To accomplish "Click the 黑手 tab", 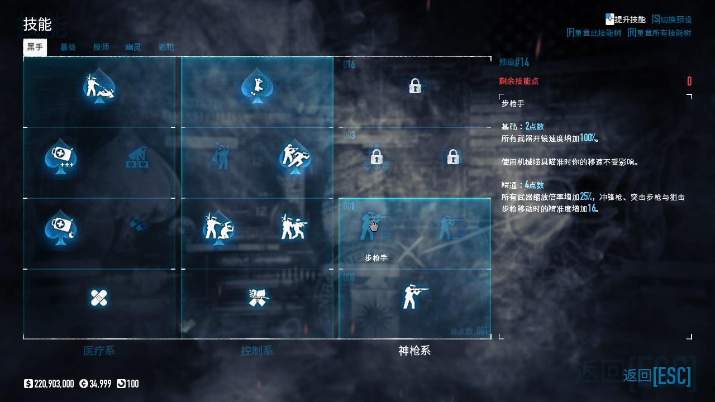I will pos(35,47).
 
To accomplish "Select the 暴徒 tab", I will pos(68,47).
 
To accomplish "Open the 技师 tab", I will pos(101,47).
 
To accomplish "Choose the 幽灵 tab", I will pos(133,47).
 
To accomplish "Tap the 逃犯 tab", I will pos(166,47).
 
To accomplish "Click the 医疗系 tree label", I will pos(99,351).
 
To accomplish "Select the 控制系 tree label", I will pos(257,351).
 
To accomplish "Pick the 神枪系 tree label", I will pos(414,351).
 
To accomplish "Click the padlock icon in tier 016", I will pos(414,86).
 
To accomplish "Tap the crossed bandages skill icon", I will pos(99,298).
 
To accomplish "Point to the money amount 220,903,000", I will pos(54,384).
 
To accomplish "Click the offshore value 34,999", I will pos(98,384).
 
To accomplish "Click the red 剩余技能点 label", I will pos(519,81).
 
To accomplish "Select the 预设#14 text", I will pos(514,62).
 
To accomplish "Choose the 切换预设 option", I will pos(671,20).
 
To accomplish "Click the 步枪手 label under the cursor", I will pos(376,258).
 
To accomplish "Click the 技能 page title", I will pos(37,25).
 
